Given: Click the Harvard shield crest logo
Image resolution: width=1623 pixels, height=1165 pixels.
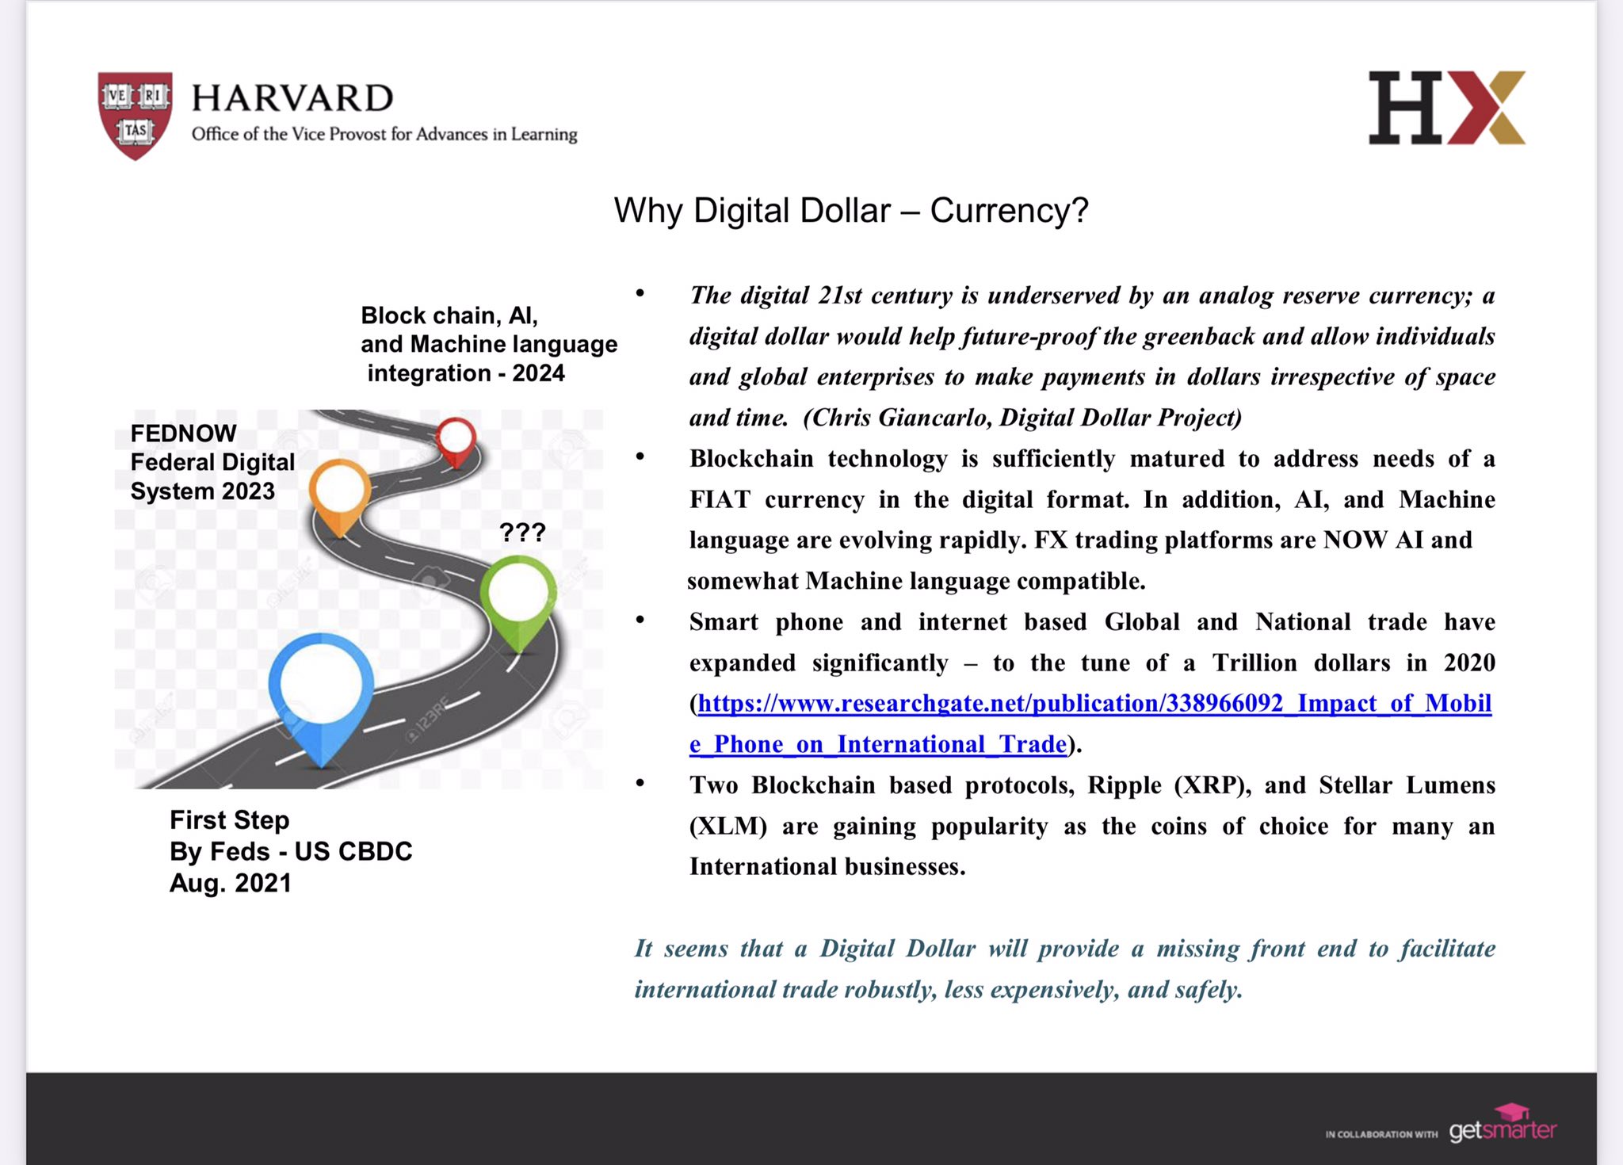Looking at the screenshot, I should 135,114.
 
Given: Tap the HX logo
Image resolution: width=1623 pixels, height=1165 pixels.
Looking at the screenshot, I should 1446,108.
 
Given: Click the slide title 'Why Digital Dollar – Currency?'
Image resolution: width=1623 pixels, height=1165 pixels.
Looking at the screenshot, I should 851,211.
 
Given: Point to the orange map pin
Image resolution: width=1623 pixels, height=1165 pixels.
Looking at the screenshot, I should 340,491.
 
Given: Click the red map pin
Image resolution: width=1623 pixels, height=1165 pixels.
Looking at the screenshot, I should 456,438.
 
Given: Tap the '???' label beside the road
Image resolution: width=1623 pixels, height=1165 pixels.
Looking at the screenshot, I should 522,532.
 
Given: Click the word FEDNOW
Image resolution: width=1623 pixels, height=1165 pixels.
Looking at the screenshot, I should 183,434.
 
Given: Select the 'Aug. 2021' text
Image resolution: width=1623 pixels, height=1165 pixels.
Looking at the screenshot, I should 231,883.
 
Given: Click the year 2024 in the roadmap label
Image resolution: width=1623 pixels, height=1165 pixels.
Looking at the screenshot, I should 538,373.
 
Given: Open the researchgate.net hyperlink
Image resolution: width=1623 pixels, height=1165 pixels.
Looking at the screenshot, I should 1094,704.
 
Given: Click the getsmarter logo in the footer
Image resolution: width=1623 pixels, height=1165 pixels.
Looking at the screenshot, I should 1503,1127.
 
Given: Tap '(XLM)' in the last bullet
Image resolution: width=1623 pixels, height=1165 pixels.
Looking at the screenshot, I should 727,827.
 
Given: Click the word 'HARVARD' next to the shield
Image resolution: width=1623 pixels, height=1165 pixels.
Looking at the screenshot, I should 292,98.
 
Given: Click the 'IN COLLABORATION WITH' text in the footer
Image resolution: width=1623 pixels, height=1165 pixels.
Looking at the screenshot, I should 1381,1134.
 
